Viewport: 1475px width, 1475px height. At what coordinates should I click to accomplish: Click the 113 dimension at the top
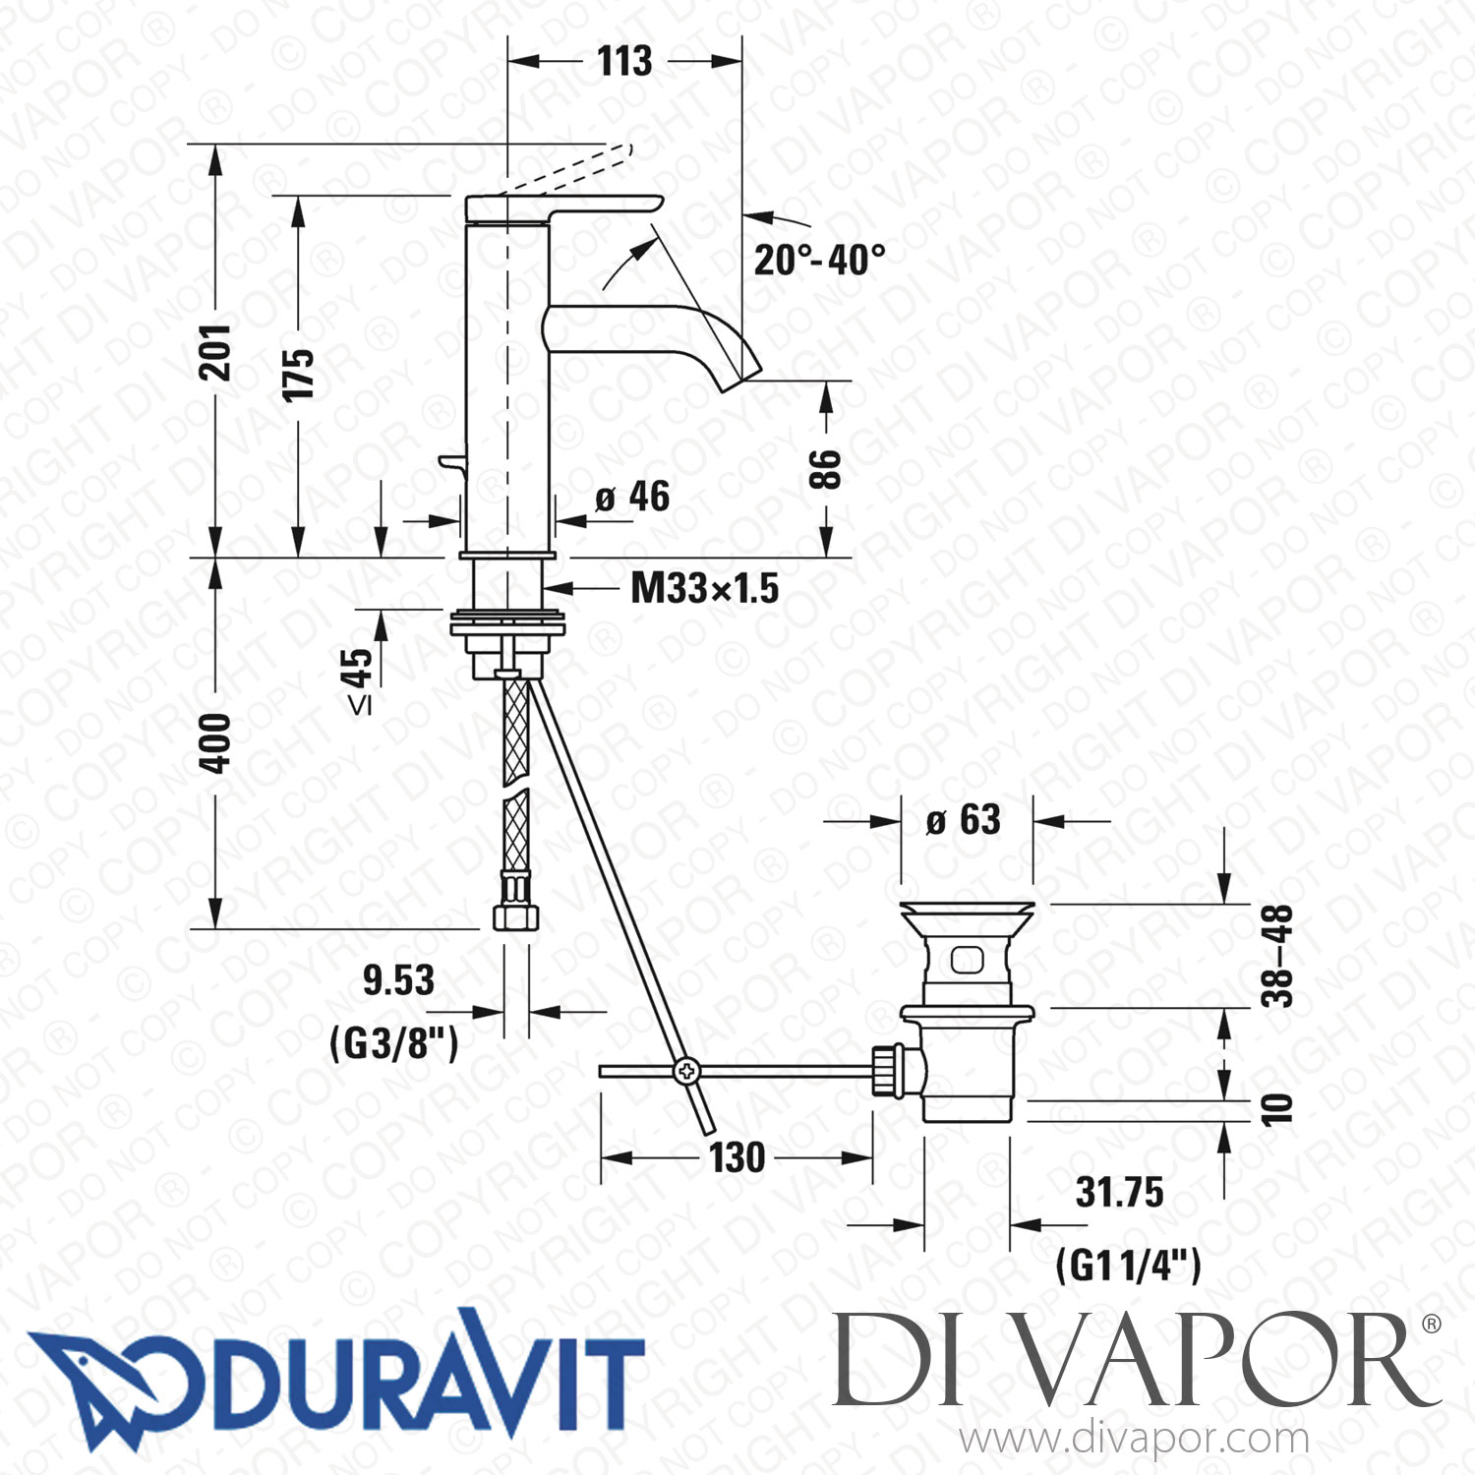pos(624,61)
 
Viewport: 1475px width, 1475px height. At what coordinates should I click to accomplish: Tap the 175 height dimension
pos(297,374)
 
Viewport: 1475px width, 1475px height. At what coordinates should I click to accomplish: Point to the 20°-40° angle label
pos(819,260)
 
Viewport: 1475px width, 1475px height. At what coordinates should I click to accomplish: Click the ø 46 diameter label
pos(632,498)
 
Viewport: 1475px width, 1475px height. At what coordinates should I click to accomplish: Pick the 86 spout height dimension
pos(825,470)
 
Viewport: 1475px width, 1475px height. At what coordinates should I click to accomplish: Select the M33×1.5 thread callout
pos(704,588)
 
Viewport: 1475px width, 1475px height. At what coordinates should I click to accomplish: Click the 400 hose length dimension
pos(214,742)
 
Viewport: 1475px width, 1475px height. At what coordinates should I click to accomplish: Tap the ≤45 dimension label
pos(358,678)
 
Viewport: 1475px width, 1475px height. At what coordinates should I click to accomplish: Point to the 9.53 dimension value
pos(398,980)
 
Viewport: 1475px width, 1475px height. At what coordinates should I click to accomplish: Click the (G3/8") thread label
pos(394,1042)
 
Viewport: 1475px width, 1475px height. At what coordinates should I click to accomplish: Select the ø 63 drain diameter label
pos(964,820)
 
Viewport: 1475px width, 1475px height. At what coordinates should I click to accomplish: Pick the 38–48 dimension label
pos(1276,956)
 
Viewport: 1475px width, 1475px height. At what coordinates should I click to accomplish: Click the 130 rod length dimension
pos(737,1157)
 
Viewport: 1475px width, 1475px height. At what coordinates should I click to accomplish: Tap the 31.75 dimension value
pos(1119,1192)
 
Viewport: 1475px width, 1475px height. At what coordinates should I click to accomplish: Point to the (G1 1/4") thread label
pos(1128,1265)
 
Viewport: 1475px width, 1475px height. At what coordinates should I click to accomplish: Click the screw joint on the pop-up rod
pos(686,1071)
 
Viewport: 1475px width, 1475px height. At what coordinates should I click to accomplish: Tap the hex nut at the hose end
pos(515,916)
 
